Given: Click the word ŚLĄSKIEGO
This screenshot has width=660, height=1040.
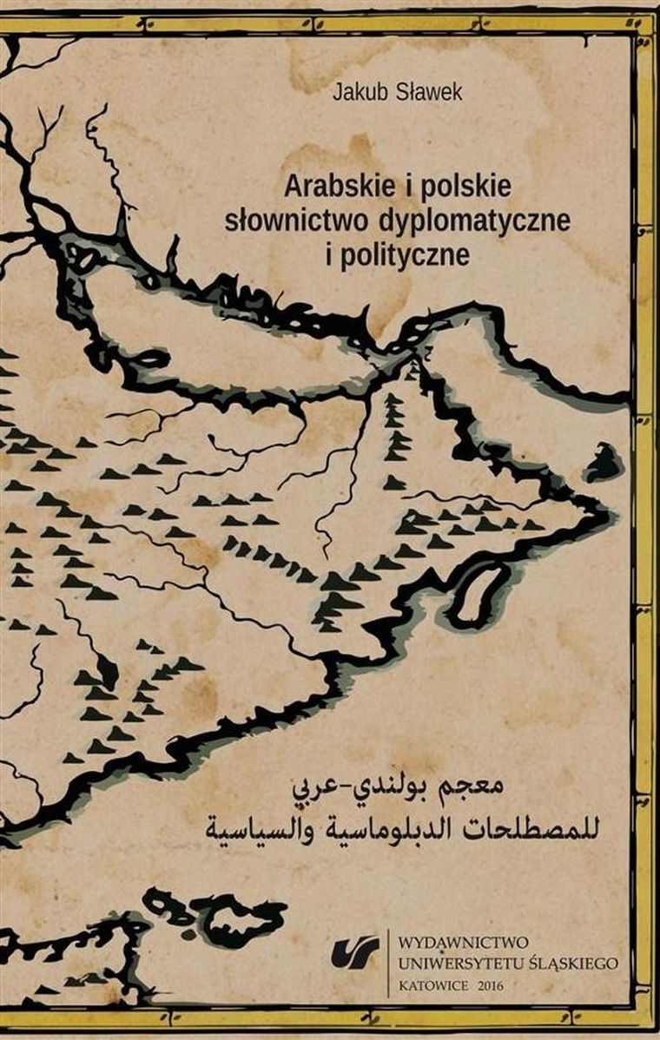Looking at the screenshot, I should pyautogui.click(x=573, y=963).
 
